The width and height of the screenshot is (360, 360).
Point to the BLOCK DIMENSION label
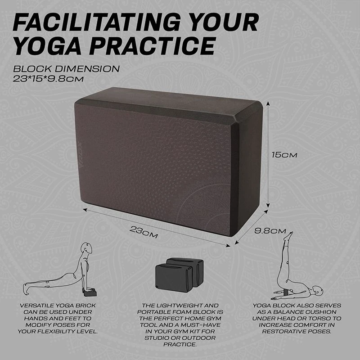click(x=66, y=69)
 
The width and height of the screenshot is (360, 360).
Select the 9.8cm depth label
click(x=270, y=231)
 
